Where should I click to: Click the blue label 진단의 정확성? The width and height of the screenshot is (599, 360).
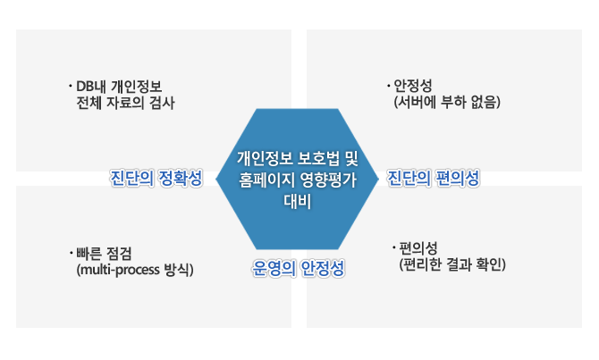tap(156, 178)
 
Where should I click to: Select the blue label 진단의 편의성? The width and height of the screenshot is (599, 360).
tap(434, 178)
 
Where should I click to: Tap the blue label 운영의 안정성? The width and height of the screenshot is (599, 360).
tap(299, 268)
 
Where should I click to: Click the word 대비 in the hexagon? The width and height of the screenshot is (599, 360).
tap(297, 201)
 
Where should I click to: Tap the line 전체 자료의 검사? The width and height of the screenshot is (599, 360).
tap(125, 103)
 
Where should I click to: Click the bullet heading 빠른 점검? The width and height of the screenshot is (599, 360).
tap(104, 253)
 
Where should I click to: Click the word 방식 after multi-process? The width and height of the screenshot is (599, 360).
tap(176, 270)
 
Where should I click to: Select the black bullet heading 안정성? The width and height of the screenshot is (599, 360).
tap(413, 86)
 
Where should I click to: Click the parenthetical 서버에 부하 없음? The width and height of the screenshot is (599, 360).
tap(447, 102)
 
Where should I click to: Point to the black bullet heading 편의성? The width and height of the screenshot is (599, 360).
tap(418, 248)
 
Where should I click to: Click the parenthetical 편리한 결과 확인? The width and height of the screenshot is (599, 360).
tap(452, 264)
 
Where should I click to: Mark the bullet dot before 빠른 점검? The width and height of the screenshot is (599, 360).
tap(71, 253)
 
